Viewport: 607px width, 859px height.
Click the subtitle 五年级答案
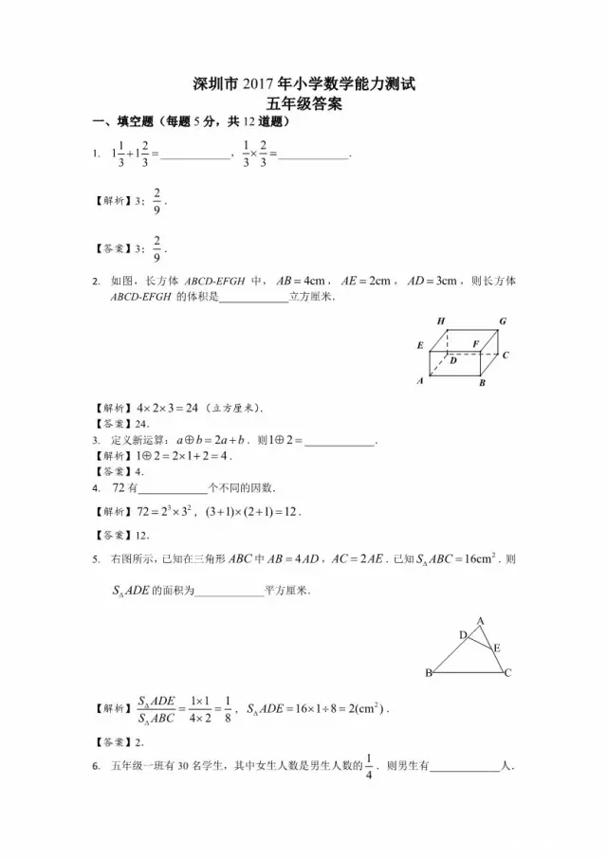tap(303, 104)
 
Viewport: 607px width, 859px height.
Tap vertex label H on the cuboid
tap(441, 322)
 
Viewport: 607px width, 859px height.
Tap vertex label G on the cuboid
tap(502, 322)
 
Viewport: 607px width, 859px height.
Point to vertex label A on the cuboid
tap(420, 380)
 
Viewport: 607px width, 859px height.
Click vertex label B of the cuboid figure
tap(482, 383)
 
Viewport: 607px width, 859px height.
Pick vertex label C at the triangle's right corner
tap(508, 672)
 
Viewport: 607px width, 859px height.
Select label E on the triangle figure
tap(496, 647)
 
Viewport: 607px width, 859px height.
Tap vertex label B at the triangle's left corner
tap(429, 672)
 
